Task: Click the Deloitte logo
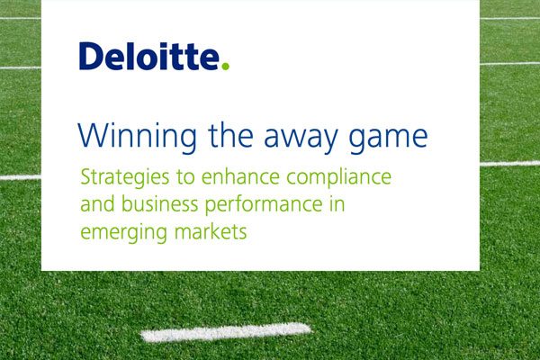click(x=154, y=56)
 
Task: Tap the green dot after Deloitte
click(x=225, y=66)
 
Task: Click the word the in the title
click(x=230, y=135)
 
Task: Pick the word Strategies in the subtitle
click(x=125, y=178)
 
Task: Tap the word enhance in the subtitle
click(x=240, y=176)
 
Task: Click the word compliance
click(x=339, y=178)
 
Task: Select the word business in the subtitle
click(x=160, y=204)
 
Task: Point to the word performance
click(x=264, y=205)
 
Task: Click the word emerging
click(x=123, y=233)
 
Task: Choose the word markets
click(x=211, y=231)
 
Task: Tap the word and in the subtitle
click(x=97, y=204)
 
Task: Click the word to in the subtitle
click(x=185, y=178)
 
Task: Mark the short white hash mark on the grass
click(x=226, y=332)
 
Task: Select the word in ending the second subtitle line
click(x=337, y=204)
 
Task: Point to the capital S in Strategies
click(x=85, y=177)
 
